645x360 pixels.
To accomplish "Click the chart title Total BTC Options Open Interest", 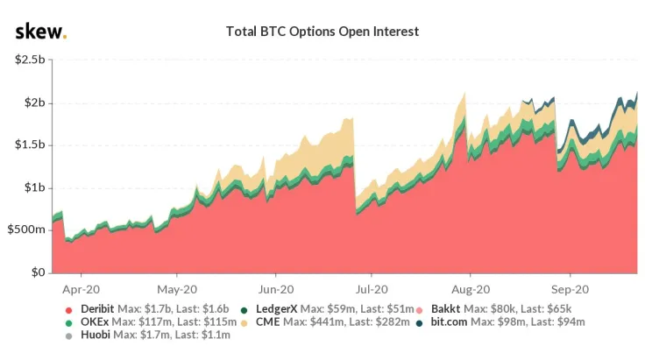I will (x=322, y=32).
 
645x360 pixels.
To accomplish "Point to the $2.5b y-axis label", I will (x=29, y=60).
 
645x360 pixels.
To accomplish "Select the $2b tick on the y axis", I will (x=32, y=102).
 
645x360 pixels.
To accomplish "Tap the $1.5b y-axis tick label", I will (x=29, y=145).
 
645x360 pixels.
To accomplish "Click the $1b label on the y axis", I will (x=32, y=187).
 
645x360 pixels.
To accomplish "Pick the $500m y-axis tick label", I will (x=27, y=229).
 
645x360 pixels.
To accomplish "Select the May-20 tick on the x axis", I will (x=178, y=287).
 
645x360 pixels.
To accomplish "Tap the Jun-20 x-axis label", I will (x=276, y=287).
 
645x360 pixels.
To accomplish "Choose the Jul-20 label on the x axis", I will (x=372, y=287).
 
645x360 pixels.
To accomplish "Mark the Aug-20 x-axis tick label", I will (x=470, y=287).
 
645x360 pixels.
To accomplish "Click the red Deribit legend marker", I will (x=67, y=309).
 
